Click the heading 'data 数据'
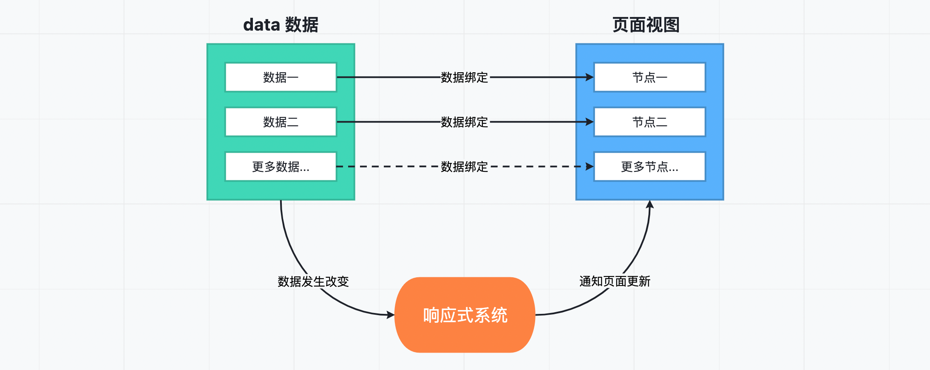tap(281, 25)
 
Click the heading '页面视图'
tap(646, 25)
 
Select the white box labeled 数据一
tap(281, 77)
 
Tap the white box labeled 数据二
tap(281, 122)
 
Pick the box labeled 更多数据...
tap(281, 167)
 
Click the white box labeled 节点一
tap(649, 77)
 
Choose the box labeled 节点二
tap(649, 122)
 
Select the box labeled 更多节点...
tap(649, 167)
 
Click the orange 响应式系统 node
tap(465, 315)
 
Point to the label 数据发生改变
tap(313, 282)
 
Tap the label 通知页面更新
tap(615, 282)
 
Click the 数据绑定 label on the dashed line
tap(464, 167)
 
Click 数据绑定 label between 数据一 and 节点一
tap(464, 77)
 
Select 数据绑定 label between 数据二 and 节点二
tap(464, 122)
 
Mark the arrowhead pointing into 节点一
tap(590, 77)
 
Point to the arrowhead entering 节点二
tap(590, 122)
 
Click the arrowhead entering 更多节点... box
tap(590, 167)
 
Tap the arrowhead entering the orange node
tap(391, 315)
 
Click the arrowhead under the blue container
tap(649, 205)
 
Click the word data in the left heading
tap(261, 25)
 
